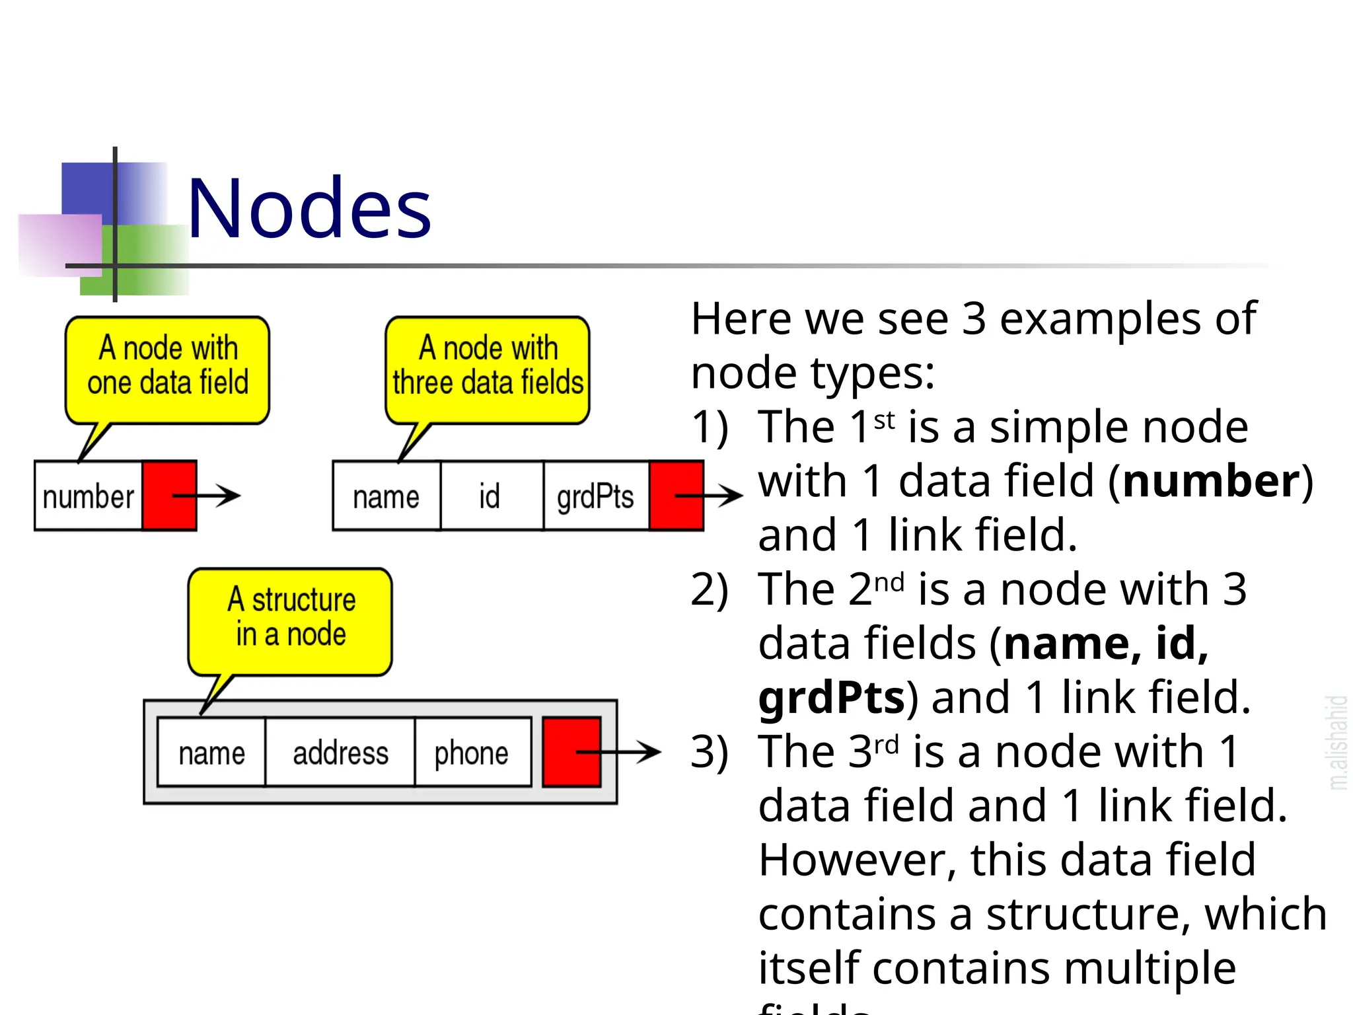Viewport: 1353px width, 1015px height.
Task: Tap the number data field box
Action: pyautogui.click(x=89, y=496)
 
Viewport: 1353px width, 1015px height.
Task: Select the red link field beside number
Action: pyautogui.click(x=169, y=496)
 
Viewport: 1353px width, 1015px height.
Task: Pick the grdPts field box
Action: pyautogui.click(x=595, y=496)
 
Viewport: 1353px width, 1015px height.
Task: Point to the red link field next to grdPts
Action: pyautogui.click(x=675, y=496)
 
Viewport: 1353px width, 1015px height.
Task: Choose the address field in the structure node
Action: pyautogui.click(x=340, y=753)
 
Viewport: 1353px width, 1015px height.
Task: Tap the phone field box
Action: pyautogui.click(x=472, y=753)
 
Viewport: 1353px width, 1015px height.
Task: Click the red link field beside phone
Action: pyautogui.click(x=571, y=752)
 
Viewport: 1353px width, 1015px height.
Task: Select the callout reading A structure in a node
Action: pyautogui.click(x=291, y=618)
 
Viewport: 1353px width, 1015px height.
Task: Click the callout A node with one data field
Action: pyautogui.click(x=168, y=367)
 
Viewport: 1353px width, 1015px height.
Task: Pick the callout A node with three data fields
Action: pyautogui.click(x=488, y=367)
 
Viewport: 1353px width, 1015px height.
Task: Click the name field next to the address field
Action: pyautogui.click(x=211, y=753)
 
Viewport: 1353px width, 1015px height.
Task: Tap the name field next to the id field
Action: pyautogui.click(x=386, y=496)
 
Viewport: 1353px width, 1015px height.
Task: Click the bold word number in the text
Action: pyautogui.click(x=1210, y=481)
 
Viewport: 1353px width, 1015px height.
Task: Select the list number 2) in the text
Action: pyautogui.click(x=709, y=589)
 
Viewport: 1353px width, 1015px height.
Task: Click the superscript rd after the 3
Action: pyautogui.click(x=886, y=745)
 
